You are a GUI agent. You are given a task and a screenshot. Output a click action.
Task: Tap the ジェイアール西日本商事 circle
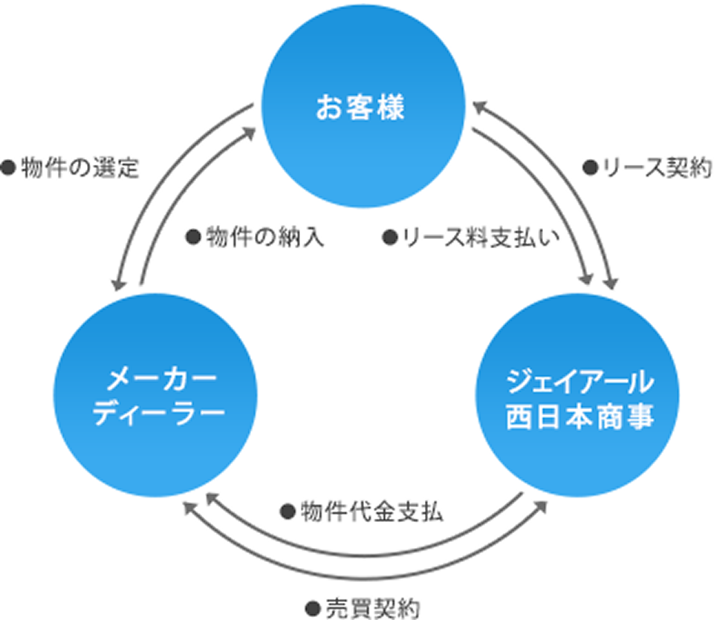pyautogui.click(x=580, y=402)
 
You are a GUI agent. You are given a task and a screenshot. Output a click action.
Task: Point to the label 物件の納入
pyautogui.click(x=264, y=238)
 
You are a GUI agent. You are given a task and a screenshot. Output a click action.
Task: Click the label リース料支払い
pyautogui.click(x=480, y=238)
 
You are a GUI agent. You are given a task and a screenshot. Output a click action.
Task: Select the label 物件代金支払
pyautogui.click(x=371, y=512)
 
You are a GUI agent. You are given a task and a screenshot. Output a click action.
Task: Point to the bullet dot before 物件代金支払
pyautogui.click(x=288, y=512)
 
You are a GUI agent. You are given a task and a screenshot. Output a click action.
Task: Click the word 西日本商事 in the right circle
pyautogui.click(x=580, y=417)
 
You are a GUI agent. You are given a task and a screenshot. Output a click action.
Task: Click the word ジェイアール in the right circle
pyautogui.click(x=580, y=383)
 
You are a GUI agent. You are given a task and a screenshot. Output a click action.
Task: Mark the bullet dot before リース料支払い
pyautogui.click(x=389, y=238)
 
